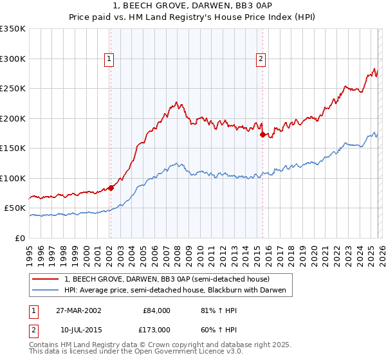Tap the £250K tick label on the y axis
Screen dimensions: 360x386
click(x=13, y=89)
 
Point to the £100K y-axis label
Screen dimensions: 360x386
click(x=13, y=178)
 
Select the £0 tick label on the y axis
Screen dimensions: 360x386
click(x=20, y=238)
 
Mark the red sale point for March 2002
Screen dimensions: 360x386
click(x=111, y=188)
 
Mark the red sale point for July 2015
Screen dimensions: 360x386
click(x=262, y=135)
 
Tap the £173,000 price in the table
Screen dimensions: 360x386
click(x=156, y=330)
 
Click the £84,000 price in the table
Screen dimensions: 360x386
click(x=156, y=310)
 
